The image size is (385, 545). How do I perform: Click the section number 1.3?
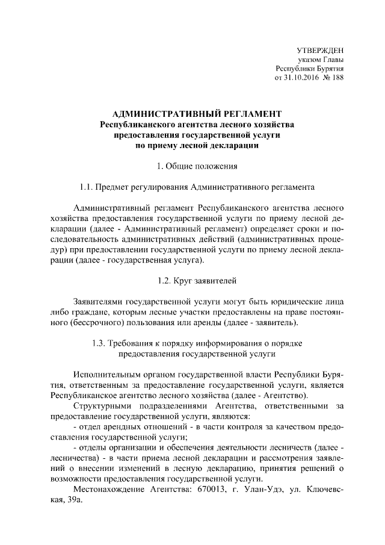99,343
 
